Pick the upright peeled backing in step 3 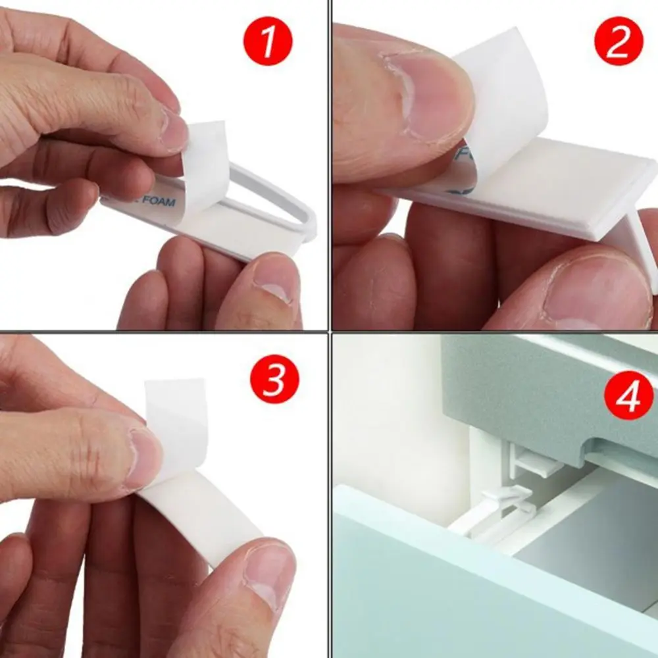176,421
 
